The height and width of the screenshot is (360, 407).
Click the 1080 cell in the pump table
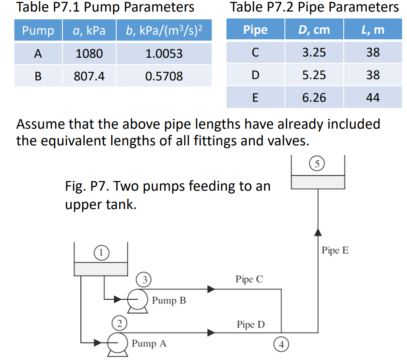tap(89, 54)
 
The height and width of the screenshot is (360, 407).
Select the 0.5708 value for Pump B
tap(164, 76)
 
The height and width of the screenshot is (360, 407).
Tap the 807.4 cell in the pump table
tap(89, 76)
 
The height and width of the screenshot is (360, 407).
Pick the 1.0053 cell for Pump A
tap(164, 54)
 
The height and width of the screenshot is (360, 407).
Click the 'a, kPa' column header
tap(89, 31)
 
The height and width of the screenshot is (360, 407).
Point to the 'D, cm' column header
tap(314, 30)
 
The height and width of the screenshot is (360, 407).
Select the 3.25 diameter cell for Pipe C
tap(314, 52)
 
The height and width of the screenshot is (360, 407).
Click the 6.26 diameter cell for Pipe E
tap(314, 97)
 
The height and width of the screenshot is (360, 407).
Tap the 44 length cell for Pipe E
tap(373, 97)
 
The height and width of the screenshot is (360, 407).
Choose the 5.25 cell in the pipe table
tap(314, 75)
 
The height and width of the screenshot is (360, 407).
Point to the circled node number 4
tap(282, 343)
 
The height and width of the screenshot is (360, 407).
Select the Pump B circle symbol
tap(138, 300)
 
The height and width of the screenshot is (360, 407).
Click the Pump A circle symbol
tap(116, 342)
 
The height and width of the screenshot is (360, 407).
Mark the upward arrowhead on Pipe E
tap(318, 232)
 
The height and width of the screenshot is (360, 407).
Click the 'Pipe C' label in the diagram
tap(249, 280)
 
